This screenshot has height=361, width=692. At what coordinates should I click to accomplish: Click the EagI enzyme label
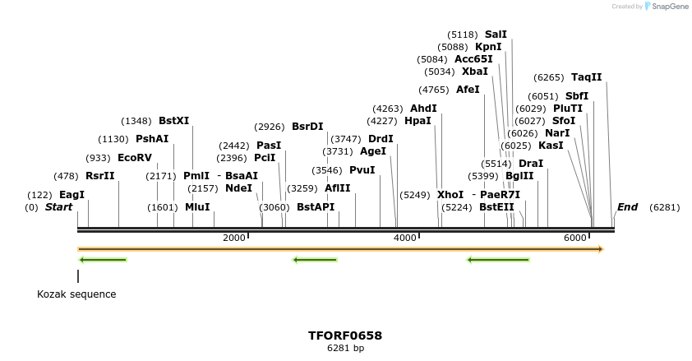pos(72,195)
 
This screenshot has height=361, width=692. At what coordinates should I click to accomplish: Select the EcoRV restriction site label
pos(134,157)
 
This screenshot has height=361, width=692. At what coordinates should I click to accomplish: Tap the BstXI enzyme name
pos(173,120)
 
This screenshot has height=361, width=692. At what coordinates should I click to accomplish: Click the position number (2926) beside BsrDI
pos(269,126)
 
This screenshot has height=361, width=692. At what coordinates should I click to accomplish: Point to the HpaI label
pos(418,120)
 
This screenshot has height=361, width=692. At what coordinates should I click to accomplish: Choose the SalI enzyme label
pos(496,34)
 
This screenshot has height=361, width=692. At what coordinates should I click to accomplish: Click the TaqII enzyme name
pos(586,77)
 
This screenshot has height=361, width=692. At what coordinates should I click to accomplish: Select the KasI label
pos(551,145)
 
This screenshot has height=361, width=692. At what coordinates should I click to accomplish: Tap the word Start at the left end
pos(58,207)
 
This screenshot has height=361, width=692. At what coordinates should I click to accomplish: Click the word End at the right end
pos(627,207)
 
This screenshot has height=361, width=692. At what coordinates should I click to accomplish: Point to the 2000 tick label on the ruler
pos(234,238)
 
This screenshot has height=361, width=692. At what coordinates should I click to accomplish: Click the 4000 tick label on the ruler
pos(405,238)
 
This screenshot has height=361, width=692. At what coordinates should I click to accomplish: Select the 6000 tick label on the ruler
pos(575,238)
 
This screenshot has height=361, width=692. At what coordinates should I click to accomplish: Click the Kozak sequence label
pos(76,294)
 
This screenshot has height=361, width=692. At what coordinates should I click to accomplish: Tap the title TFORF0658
pos(345,336)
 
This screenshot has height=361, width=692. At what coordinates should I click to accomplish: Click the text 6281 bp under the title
pos(345,349)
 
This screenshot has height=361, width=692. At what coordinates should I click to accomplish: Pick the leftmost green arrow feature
pos(103,260)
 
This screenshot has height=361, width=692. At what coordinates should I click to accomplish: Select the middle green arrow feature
pos(316,260)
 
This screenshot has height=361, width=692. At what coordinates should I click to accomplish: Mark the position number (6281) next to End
pos(664,207)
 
